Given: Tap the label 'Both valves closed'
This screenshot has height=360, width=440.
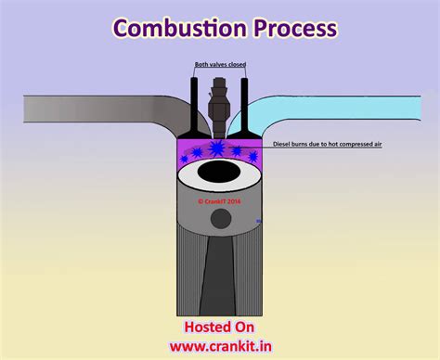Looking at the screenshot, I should tap(220, 66).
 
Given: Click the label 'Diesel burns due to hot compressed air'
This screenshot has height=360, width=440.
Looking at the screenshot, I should tap(324, 145).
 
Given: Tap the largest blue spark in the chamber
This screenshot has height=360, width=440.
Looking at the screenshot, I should tap(216, 148).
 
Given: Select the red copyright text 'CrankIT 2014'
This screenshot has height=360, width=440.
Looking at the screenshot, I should tap(220, 198).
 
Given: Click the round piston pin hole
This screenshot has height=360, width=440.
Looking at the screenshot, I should tap(221, 219).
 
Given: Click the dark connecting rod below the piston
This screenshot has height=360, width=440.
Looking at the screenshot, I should tap(221, 278).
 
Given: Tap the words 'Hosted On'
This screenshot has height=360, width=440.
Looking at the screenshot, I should tap(219, 327).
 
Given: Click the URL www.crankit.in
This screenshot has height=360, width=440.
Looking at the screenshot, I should tap(220, 345).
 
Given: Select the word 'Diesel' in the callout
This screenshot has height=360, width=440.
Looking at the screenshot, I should tap(282, 145).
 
